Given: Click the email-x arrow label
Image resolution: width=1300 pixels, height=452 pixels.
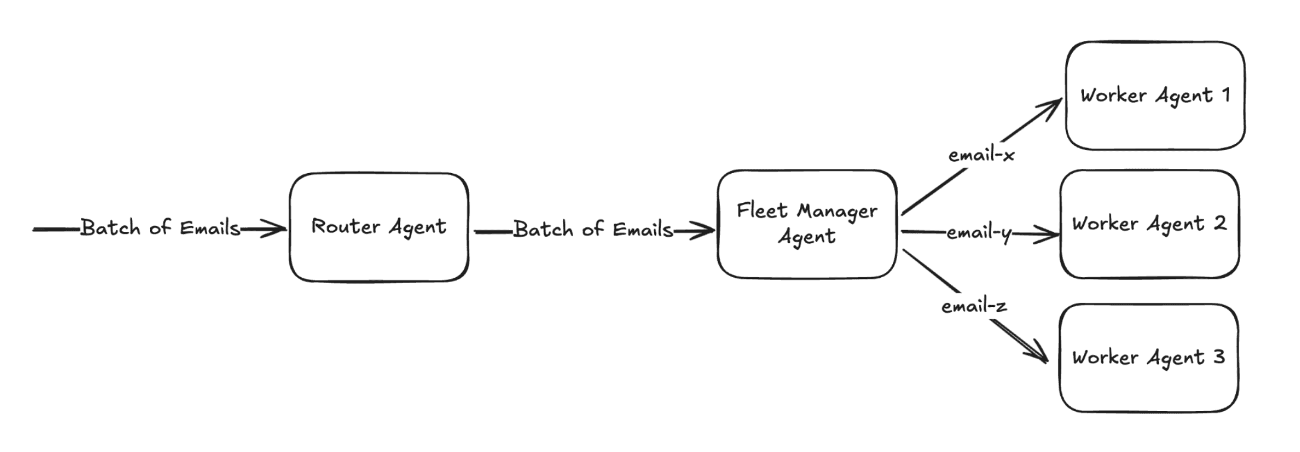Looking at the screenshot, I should click(981, 155).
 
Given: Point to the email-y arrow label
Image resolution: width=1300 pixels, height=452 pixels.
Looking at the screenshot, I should click(979, 233).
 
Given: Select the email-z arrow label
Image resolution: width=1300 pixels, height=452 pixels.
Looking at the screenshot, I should click(974, 306).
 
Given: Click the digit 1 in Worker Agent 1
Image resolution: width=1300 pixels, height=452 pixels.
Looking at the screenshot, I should click(1226, 95).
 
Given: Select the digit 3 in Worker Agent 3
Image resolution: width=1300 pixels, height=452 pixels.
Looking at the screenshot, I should click(1218, 356).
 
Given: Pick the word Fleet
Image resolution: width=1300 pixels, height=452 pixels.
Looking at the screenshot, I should click(762, 211).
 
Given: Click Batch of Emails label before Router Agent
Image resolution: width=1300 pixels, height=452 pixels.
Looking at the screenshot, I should click(160, 228).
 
